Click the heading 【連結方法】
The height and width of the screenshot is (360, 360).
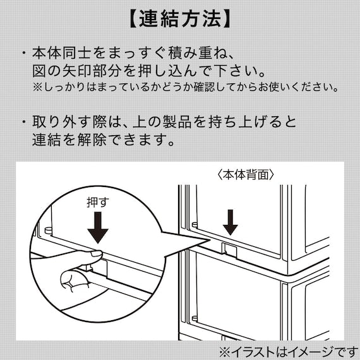coord(179,19)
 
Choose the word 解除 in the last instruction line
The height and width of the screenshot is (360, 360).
coord(111,138)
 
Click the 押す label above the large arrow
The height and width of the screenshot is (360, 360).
coord(97,203)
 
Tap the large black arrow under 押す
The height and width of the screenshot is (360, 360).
coord(97,228)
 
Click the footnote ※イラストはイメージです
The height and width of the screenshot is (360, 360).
coord(287,350)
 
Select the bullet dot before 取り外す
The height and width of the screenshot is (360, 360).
coord(23,121)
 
